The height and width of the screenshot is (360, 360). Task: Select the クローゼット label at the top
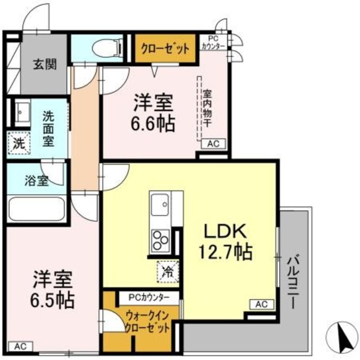coord(165,49)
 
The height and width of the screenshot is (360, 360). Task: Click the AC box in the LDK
coord(261,304)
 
